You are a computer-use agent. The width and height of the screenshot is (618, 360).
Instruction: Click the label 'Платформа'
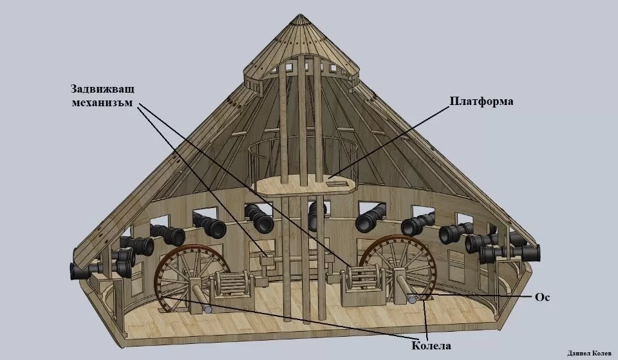point(482,101)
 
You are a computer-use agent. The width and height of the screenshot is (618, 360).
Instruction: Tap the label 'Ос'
point(542,297)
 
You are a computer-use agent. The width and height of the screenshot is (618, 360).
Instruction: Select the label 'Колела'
point(431,346)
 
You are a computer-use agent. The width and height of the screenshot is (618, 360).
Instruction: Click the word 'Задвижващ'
point(102,89)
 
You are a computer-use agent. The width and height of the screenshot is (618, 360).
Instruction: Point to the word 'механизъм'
point(102,103)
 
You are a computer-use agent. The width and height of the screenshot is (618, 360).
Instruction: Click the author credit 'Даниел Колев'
point(589,353)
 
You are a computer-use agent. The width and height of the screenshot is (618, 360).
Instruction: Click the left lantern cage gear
point(232,285)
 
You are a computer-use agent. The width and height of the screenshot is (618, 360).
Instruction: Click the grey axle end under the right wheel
point(412,299)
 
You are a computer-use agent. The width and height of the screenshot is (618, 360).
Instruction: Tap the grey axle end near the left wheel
point(208,309)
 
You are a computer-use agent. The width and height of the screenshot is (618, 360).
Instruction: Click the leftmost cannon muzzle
point(74,271)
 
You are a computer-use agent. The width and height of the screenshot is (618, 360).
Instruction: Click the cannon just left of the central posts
point(259,218)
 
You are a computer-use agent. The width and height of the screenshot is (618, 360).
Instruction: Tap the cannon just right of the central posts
point(371,219)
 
